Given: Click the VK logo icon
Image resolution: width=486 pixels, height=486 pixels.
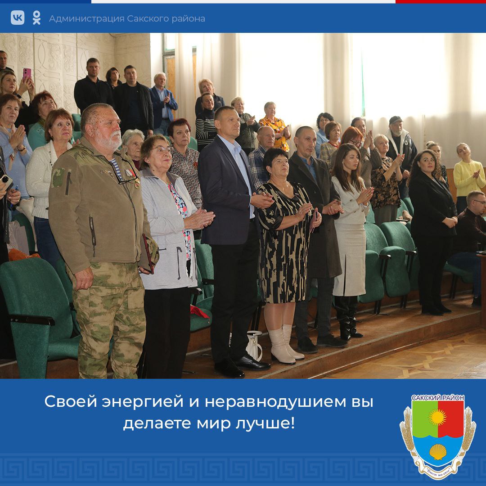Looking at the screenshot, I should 18,18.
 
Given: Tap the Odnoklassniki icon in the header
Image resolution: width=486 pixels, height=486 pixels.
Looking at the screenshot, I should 36,18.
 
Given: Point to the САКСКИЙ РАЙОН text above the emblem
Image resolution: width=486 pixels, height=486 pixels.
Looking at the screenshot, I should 438,398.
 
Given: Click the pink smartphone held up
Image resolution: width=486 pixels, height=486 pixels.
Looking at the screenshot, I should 27,73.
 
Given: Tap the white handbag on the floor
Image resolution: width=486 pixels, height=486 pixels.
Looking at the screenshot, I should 255,345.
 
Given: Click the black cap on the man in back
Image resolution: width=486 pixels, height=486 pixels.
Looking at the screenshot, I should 396,120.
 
